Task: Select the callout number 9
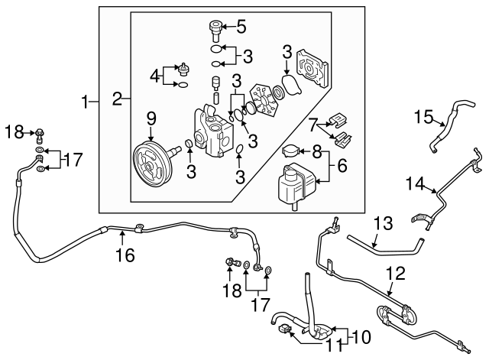(x=151, y=118)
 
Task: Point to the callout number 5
(x=241, y=28)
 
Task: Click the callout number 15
(x=424, y=117)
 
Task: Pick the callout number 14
(x=414, y=184)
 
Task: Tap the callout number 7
(x=313, y=124)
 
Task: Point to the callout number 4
(x=155, y=76)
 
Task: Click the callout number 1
(x=89, y=99)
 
